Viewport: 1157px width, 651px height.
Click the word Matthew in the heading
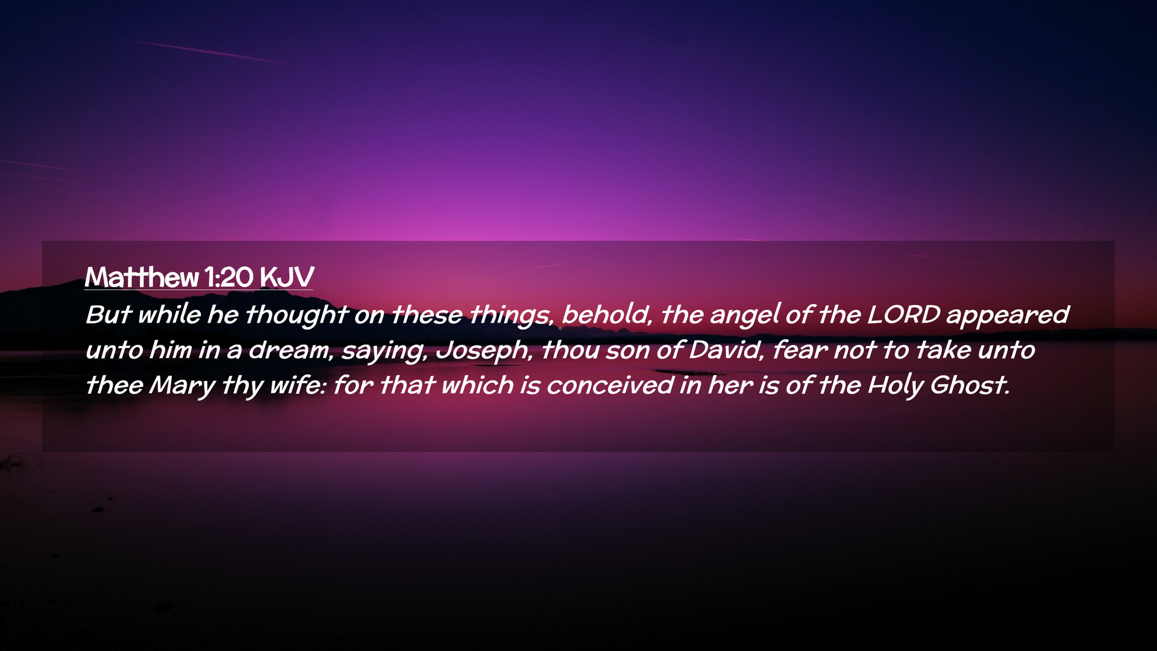coord(142,277)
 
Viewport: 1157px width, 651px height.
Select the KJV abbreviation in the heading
coord(287,277)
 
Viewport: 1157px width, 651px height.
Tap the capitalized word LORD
coord(903,314)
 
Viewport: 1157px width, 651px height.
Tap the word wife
coord(298,385)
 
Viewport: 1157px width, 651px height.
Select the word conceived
coord(610,385)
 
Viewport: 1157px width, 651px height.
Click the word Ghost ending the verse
coord(970,385)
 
